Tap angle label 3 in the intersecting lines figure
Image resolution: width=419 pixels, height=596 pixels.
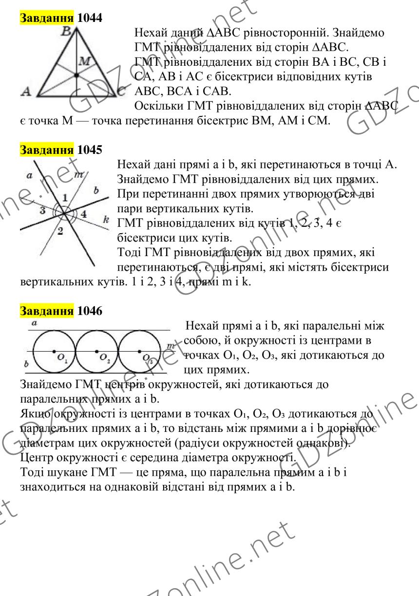point(42,211)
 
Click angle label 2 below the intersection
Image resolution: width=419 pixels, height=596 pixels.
point(61,231)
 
